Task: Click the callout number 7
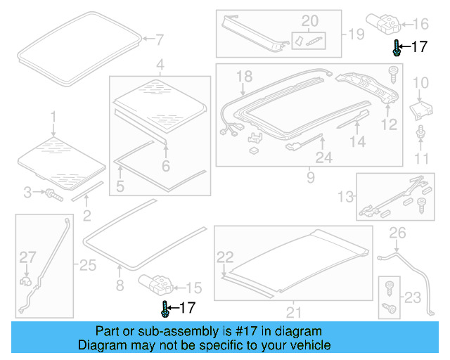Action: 159,39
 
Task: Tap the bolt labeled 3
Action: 53,193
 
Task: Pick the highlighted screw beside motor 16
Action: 397,49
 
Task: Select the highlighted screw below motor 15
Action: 165,308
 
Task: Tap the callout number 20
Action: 310,20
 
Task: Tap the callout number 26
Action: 398,233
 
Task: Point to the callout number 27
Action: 26,257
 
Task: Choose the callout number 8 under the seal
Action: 120,285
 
